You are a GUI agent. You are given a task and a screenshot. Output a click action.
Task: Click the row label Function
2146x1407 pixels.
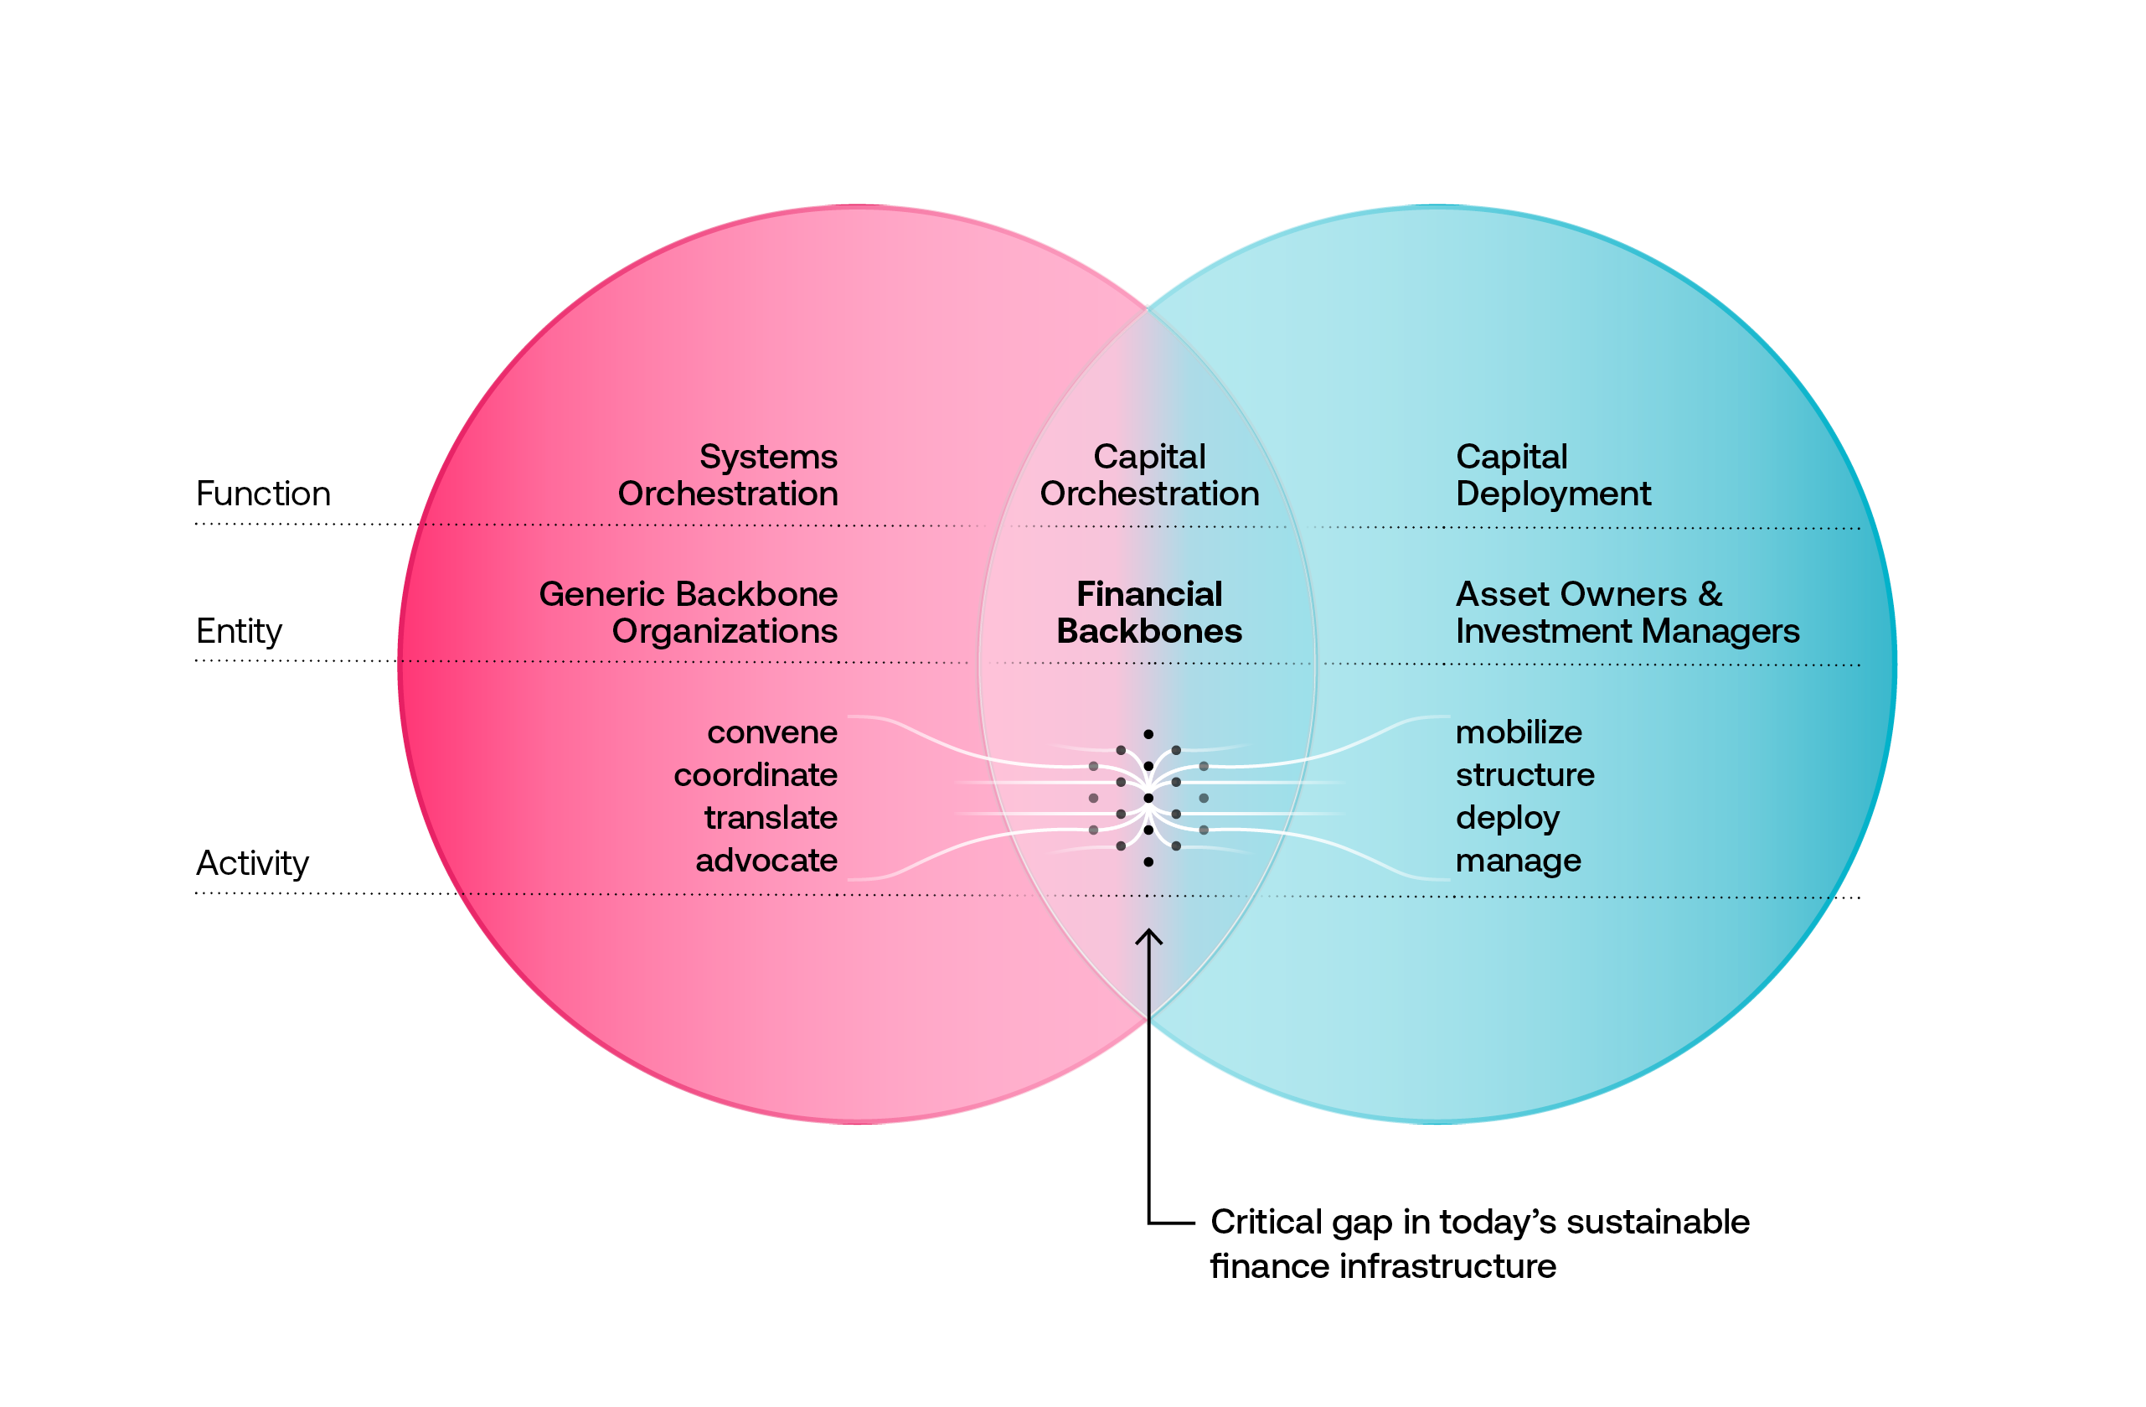263,494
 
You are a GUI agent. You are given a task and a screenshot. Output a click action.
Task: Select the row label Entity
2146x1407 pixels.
239,631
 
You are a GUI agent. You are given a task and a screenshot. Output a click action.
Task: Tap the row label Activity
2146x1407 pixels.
252,863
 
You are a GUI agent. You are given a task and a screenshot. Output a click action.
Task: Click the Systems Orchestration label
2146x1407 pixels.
728,475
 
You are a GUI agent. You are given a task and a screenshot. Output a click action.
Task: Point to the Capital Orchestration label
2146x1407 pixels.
1149,475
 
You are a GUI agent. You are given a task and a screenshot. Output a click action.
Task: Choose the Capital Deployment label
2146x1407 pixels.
1553,475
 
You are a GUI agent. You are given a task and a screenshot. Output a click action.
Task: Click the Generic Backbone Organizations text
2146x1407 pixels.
689,613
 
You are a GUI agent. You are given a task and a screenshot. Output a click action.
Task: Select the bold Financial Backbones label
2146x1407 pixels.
1149,613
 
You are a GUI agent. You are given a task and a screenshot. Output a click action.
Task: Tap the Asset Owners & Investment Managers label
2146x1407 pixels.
1627,613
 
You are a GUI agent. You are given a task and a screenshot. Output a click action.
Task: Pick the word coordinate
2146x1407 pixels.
756,775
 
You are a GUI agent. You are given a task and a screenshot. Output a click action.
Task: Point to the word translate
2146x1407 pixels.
771,817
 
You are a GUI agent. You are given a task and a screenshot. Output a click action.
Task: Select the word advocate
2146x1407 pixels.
766,861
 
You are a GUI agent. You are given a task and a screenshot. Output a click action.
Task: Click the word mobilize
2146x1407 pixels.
1519,732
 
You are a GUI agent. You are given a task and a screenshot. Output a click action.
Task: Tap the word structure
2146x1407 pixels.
1524,775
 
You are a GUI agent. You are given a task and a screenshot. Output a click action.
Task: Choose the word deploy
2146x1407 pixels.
1508,818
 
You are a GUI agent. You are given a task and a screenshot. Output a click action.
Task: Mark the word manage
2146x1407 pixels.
1519,861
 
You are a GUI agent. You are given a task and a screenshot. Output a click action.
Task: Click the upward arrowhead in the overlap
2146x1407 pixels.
1148,937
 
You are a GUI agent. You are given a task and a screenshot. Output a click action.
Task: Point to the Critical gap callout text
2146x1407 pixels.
1478,1244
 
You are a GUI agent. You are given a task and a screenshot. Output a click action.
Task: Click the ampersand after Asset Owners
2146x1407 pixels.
1710,594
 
